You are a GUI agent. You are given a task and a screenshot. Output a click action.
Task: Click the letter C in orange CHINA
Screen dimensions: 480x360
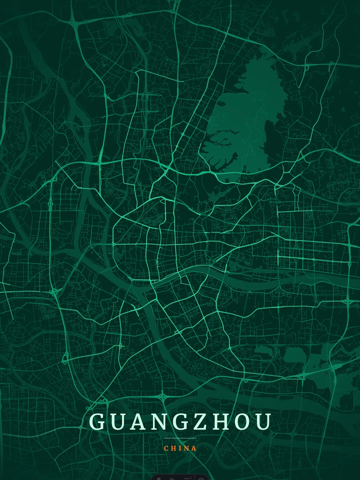[166, 448]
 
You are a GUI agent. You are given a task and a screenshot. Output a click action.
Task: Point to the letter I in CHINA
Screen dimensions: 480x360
[180, 448]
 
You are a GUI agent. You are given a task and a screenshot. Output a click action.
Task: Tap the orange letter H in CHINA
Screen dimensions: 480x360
[173, 448]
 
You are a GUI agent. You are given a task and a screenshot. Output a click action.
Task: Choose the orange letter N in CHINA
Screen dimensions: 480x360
[187, 448]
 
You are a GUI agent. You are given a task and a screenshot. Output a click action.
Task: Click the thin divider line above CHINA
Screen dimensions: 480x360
[180, 438]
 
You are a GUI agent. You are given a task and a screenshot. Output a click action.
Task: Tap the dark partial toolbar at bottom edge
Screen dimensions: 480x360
[180, 477]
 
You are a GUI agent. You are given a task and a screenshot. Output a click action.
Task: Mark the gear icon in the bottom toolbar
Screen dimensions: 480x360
[201, 478]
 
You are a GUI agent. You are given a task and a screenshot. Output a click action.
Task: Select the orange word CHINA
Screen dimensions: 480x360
[180, 448]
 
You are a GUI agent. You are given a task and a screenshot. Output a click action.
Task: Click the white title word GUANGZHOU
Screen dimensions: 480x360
[180, 422]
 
